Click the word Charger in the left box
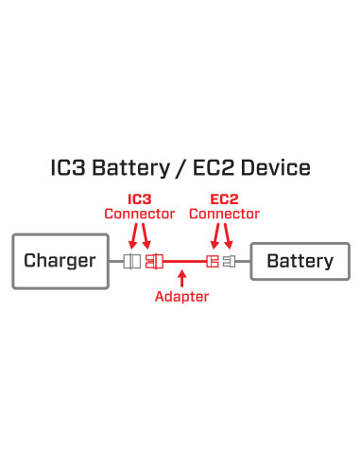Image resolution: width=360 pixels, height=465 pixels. [x=60, y=261]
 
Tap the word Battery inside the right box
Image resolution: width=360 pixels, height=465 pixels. [x=299, y=261]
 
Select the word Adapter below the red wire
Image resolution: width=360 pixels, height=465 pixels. [x=181, y=297]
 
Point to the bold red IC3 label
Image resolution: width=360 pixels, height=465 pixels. [x=140, y=200]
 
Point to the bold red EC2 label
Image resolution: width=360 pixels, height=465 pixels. [x=224, y=200]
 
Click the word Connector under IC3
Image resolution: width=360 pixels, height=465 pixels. [x=140, y=215]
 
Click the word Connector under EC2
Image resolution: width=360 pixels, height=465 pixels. [x=224, y=215]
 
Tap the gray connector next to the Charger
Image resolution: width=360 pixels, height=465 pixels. [x=132, y=261]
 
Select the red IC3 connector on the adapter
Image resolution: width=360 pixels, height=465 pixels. [x=151, y=261]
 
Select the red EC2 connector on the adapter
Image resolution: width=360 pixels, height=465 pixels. [x=213, y=261]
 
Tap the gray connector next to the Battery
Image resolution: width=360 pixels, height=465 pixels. [x=230, y=261]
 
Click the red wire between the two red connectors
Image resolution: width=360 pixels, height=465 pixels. [x=181, y=261]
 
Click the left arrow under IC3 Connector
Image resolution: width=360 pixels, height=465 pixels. [x=131, y=236]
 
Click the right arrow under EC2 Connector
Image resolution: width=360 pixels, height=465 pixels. [x=229, y=236]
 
